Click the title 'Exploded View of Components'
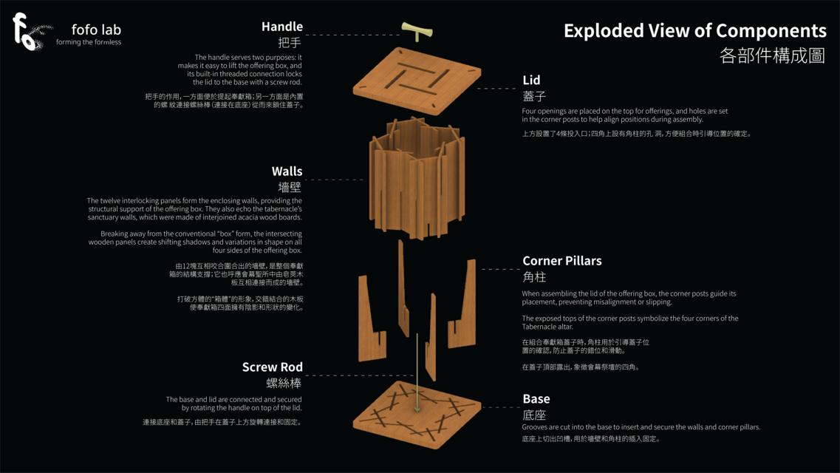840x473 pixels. click(x=694, y=31)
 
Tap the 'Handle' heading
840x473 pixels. click(x=281, y=27)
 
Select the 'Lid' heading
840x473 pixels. click(x=531, y=80)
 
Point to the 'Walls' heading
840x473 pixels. click(x=287, y=171)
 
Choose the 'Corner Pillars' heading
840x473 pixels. click(x=562, y=261)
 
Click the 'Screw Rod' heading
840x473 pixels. click(x=272, y=367)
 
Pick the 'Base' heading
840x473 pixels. click(x=536, y=399)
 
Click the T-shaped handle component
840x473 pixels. click(x=417, y=31)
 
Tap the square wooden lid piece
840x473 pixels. click(x=417, y=81)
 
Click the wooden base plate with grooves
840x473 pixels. click(x=417, y=415)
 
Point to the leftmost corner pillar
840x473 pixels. click(x=372, y=319)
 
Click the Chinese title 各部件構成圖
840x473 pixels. click(x=772, y=55)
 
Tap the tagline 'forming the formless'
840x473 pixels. click(x=89, y=42)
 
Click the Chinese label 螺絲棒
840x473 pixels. click(x=284, y=383)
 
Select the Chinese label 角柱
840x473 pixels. click(x=534, y=277)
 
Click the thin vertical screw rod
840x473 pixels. click(x=417, y=372)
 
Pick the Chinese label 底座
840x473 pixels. click(x=534, y=415)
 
